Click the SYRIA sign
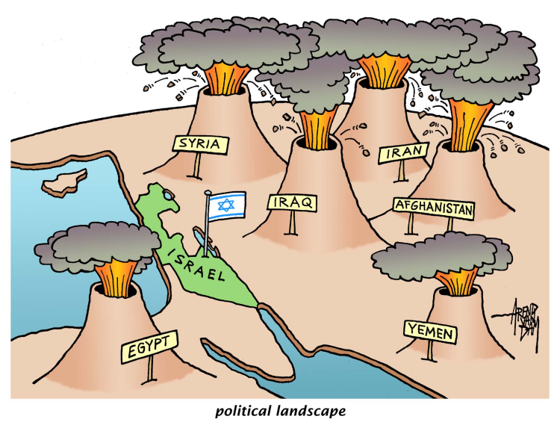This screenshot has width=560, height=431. tap(200, 144)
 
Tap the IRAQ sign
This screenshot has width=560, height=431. tap(293, 202)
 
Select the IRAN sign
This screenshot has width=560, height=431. tap(404, 152)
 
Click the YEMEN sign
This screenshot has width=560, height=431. tap(431, 332)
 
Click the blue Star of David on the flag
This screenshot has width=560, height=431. tap(226, 205)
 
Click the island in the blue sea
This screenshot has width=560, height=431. tap(64, 182)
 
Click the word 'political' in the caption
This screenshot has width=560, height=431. tap(243, 411)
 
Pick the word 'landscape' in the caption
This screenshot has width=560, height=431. tap(311, 411)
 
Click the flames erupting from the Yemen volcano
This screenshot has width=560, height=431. tap(457, 282)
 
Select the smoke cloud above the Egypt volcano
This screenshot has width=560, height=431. tap(97, 245)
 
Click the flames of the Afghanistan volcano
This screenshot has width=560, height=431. tap(470, 125)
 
